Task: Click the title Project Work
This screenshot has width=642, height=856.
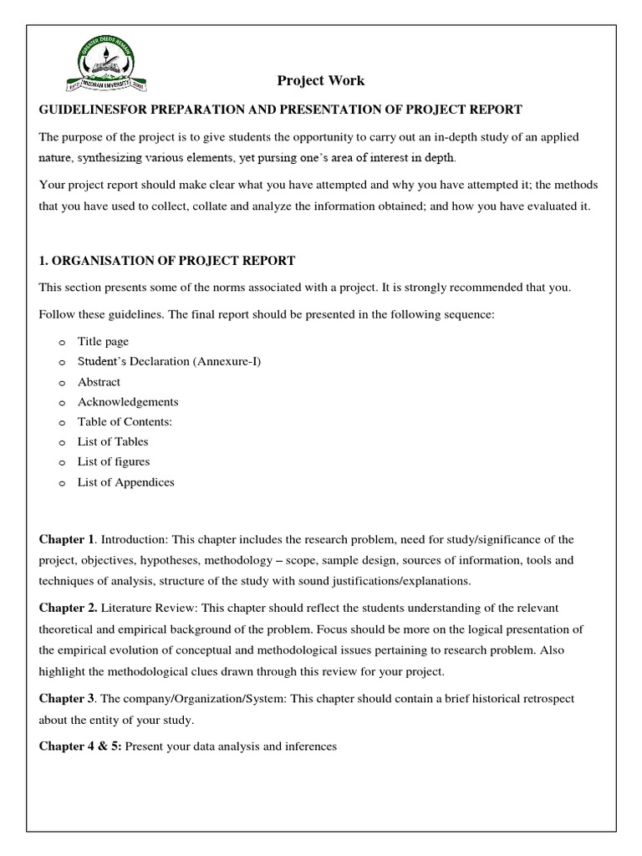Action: tap(321, 81)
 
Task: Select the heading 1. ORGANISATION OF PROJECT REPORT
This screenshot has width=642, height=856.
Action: tap(167, 262)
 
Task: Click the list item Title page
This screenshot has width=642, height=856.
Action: tap(103, 341)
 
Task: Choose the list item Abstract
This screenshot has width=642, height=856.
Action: tap(99, 382)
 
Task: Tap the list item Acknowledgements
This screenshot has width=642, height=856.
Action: tap(127, 402)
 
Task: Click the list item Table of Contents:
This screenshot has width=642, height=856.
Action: tap(125, 422)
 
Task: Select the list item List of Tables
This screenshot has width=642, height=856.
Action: tap(113, 441)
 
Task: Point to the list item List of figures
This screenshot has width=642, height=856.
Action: tap(114, 461)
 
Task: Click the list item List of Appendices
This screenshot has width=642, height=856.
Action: tap(125, 482)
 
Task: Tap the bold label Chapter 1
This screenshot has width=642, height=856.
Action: tap(67, 540)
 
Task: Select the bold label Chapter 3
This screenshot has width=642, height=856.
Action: tap(68, 698)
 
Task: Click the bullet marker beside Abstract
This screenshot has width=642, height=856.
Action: tap(62, 383)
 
